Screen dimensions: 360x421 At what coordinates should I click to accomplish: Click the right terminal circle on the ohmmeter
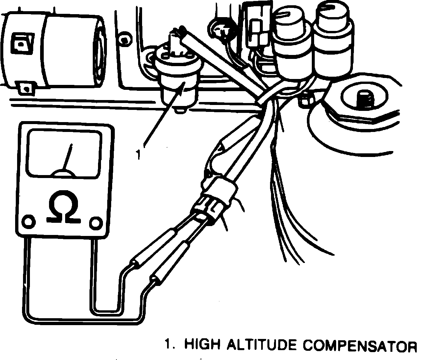point(96,223)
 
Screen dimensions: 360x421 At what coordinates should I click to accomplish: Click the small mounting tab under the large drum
point(24,87)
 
